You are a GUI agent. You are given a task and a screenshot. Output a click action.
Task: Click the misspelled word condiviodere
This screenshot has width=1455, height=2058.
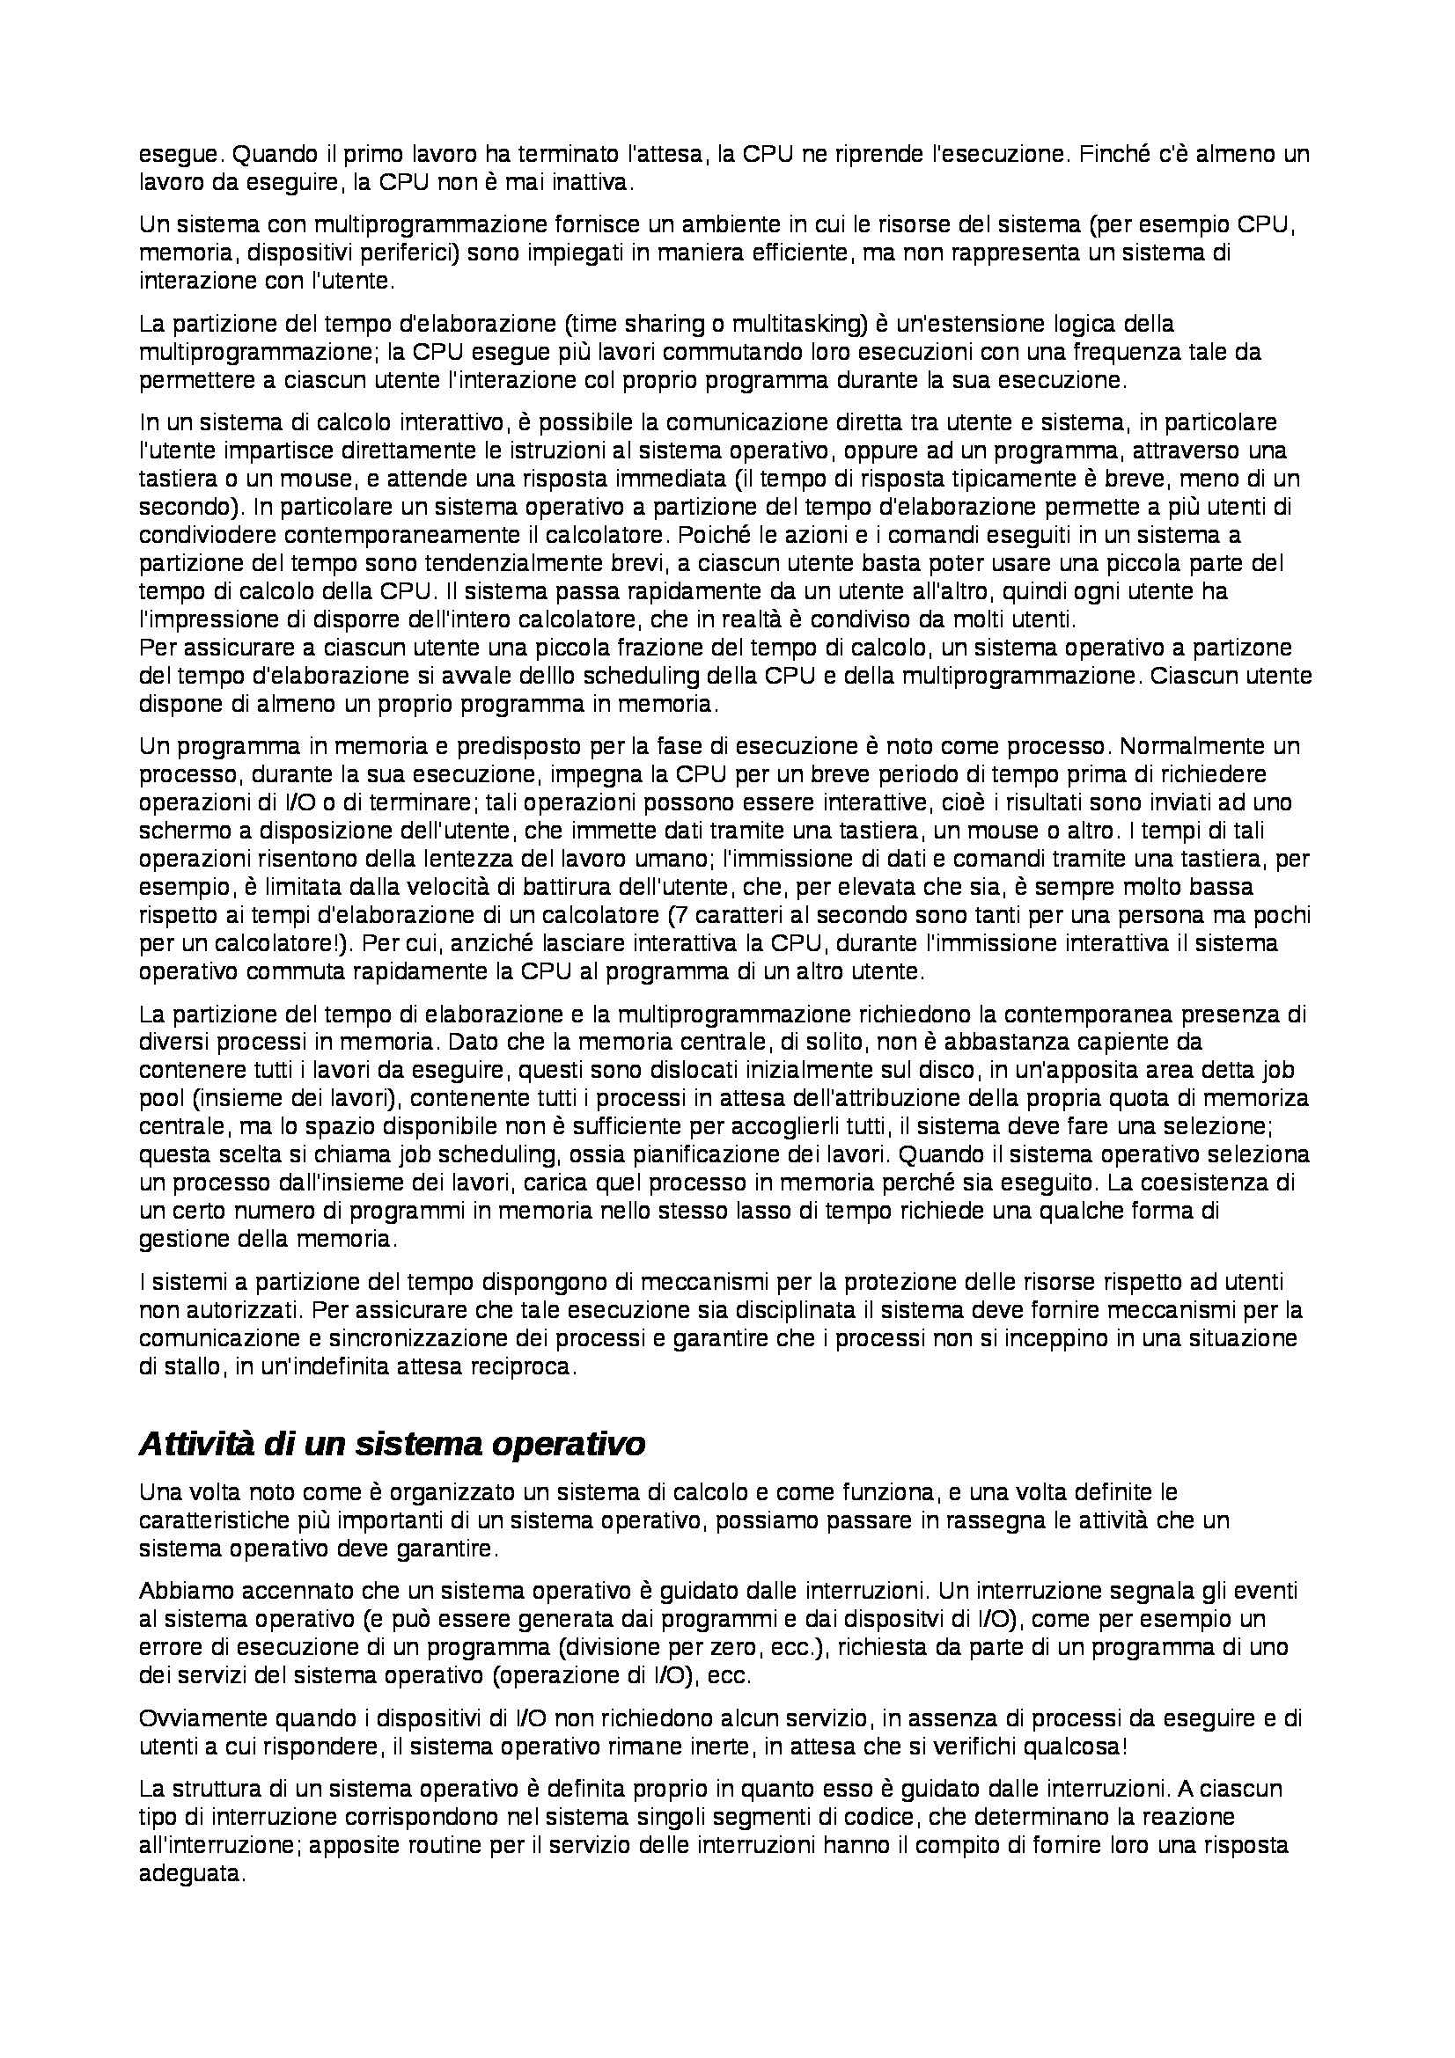point(195,535)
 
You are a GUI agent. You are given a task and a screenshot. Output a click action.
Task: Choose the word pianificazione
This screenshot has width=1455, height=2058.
point(647,1154)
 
